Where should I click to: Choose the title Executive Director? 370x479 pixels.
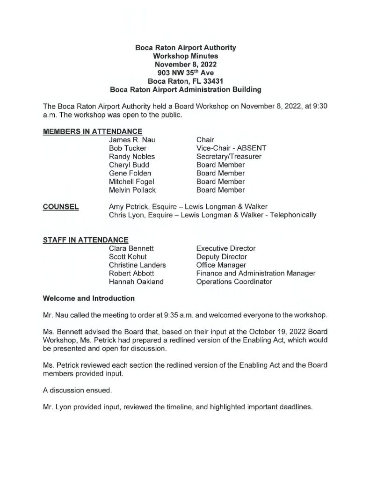[226, 248]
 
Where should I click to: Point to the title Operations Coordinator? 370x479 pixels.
[234, 282]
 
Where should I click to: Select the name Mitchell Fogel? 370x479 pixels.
[131, 182]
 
